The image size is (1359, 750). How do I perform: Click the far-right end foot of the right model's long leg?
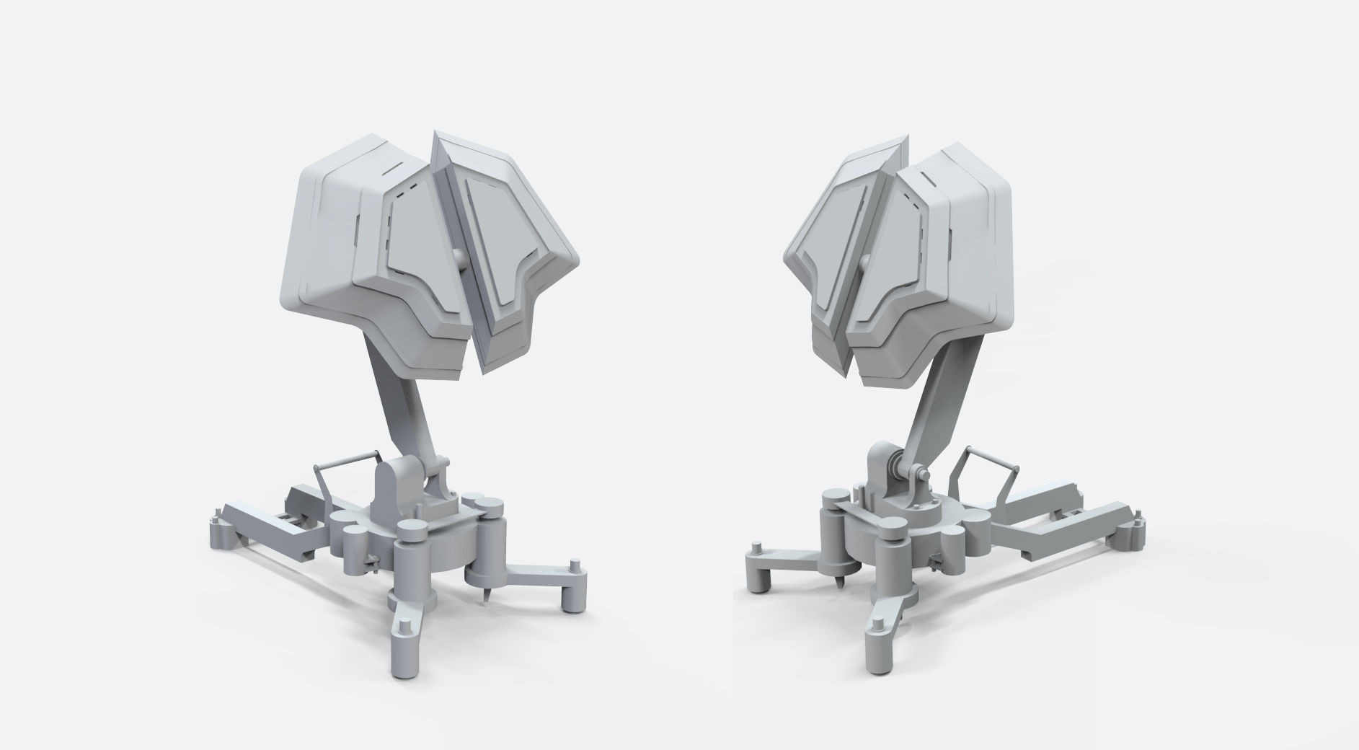pos(1138,515)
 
